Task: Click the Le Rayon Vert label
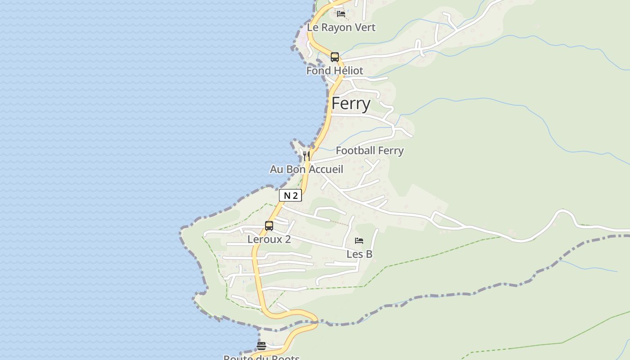[341, 27]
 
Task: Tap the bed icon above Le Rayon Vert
[341, 13]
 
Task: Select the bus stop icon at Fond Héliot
[335, 57]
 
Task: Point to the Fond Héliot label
[335, 71]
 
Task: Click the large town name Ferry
[351, 104]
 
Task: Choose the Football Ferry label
[369, 151]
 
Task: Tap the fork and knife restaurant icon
[306, 156]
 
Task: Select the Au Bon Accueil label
[306, 170]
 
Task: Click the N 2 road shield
[290, 196]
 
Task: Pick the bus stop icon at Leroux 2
[269, 226]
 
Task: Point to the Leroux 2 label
[269, 239]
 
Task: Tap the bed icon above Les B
[359, 241]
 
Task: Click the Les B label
[359, 254]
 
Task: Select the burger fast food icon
[261, 346]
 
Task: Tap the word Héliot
[348, 71]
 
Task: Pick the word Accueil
[327, 170]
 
